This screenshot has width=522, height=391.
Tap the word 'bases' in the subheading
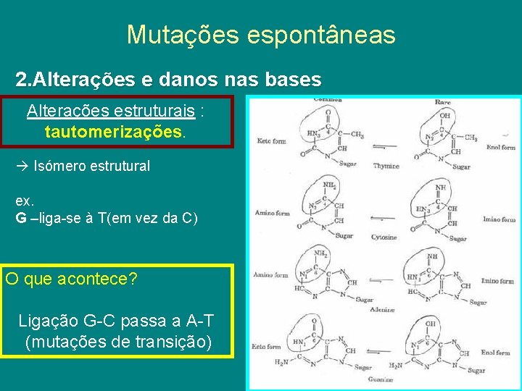pyautogui.click(x=289, y=79)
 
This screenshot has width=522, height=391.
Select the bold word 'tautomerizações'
pyautogui.click(x=114, y=133)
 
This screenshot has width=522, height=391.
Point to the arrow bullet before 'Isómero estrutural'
pyautogui.click(x=22, y=166)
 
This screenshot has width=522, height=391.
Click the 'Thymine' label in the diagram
pyautogui.click(x=386, y=166)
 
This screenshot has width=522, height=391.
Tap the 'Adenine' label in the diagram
pyautogui.click(x=381, y=309)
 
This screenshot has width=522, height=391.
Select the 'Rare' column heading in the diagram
pyautogui.click(x=442, y=103)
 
